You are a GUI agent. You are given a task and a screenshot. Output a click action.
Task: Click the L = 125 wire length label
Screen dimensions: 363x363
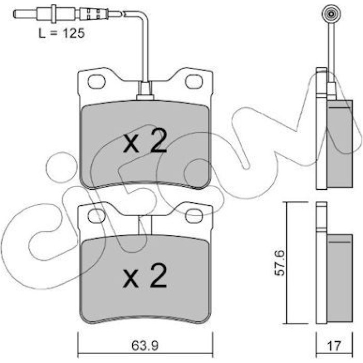[62, 34]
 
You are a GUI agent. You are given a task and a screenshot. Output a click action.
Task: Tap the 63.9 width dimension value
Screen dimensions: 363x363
[145, 346]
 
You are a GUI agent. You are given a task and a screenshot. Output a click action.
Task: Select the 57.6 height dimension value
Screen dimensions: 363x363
[280, 263]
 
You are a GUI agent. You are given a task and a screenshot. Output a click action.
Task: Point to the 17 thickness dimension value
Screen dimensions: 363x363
[334, 346]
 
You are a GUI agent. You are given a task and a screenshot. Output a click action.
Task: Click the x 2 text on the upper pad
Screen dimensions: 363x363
[145, 141]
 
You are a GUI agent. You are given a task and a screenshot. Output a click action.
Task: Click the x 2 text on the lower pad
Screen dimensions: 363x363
[145, 275]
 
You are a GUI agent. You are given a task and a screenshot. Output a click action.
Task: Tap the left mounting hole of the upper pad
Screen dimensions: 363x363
[96, 81]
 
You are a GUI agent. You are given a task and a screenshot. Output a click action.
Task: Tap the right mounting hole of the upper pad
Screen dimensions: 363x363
[194, 81]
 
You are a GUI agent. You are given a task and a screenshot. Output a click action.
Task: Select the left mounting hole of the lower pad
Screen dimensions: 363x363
[96, 216]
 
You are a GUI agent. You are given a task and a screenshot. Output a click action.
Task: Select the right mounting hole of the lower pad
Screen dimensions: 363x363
[194, 216]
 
